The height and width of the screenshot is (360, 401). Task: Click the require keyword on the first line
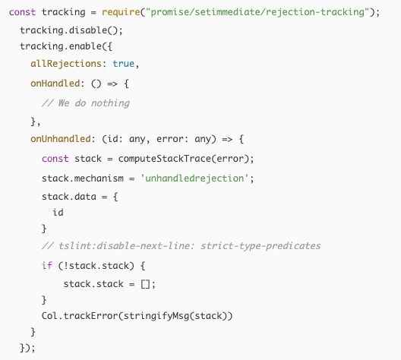coord(121,12)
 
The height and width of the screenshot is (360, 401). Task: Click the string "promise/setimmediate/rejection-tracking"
coord(257,12)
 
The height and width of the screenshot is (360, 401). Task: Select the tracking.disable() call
coord(71,30)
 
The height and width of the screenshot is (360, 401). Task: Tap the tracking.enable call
coord(66,46)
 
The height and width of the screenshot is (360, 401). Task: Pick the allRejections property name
coord(66,63)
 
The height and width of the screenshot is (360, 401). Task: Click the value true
coord(124,63)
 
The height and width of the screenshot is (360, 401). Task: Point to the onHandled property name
coord(55,84)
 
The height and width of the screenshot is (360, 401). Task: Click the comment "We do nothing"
coord(86,103)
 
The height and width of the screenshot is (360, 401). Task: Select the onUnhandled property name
coord(61,139)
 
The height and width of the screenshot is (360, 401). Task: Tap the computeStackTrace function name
coord(165,159)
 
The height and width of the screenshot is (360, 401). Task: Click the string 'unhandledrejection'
coord(194,178)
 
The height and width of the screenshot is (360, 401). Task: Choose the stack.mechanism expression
coord(83,178)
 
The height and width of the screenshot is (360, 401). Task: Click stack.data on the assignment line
coord(69,197)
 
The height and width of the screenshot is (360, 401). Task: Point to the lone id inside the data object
coord(58,213)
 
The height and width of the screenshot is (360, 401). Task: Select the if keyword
coord(47,266)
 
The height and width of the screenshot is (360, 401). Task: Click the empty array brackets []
coord(145,284)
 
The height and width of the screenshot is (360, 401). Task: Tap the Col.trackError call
coord(137,316)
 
